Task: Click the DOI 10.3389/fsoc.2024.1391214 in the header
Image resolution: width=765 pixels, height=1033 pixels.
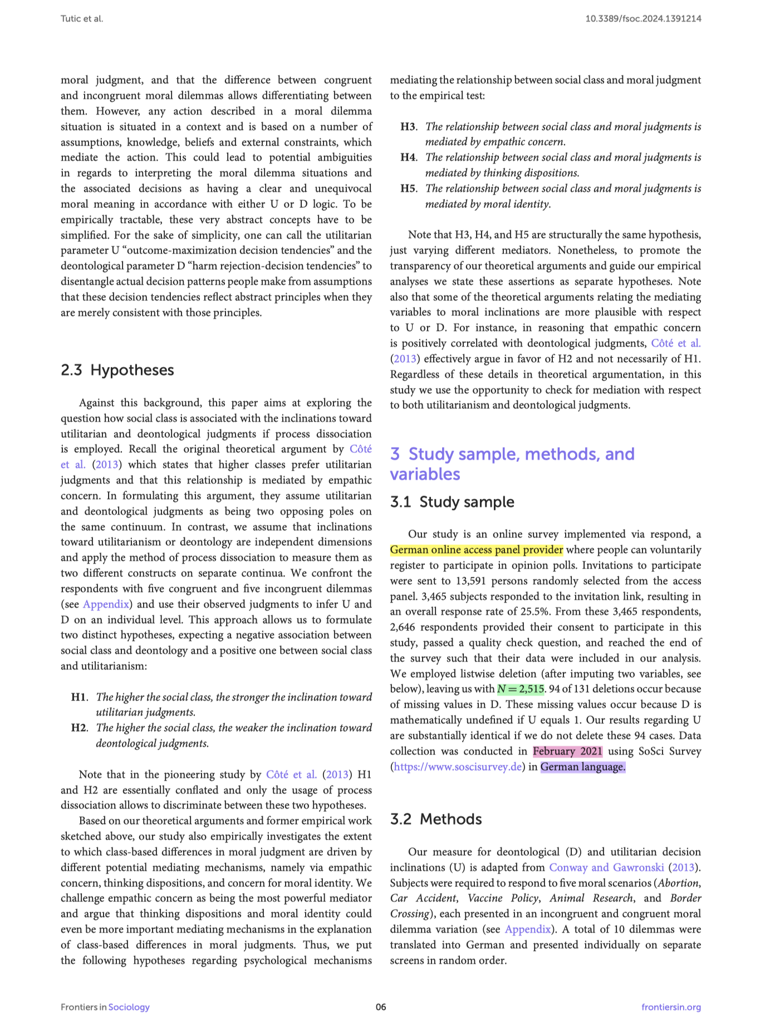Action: pyautogui.click(x=643, y=19)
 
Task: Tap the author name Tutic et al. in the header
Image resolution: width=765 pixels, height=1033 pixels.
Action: pyautogui.click(x=82, y=19)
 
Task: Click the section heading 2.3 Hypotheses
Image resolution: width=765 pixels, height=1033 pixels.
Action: pyautogui.click(x=117, y=370)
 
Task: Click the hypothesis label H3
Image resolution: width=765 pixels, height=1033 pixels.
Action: pyautogui.click(x=409, y=127)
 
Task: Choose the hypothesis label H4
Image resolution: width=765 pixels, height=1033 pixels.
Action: pyautogui.click(x=409, y=158)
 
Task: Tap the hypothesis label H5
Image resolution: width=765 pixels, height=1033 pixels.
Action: pyautogui.click(x=409, y=189)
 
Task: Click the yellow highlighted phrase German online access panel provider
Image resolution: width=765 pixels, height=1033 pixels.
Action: pyautogui.click(x=476, y=550)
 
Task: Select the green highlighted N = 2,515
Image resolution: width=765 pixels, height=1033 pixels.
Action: pyautogui.click(x=521, y=689)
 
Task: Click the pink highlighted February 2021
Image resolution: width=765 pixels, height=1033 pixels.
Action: pyautogui.click(x=567, y=751)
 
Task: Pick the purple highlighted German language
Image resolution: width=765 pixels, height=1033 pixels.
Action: pyautogui.click(x=582, y=767)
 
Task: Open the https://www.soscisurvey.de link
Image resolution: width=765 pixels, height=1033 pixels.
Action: pyautogui.click(x=458, y=767)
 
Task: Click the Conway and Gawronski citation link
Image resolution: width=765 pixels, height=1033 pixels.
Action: pyautogui.click(x=606, y=867)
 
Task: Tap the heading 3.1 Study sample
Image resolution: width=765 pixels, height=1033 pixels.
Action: pyautogui.click(x=452, y=502)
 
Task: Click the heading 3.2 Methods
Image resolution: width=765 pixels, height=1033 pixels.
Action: pyautogui.click(x=435, y=819)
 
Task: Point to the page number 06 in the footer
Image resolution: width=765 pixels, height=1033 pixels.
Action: pyautogui.click(x=381, y=1007)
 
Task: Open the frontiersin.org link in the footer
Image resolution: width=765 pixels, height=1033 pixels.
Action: pyautogui.click(x=671, y=1007)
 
